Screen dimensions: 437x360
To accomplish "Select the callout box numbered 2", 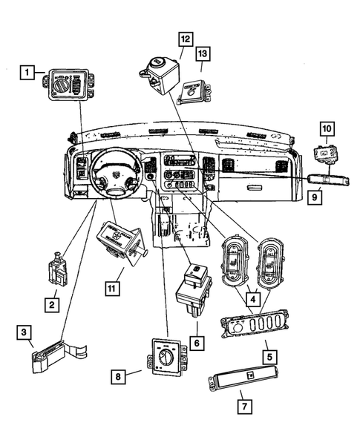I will pyautogui.click(x=51, y=304).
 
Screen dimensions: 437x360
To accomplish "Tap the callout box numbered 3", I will pyautogui.click(x=24, y=332).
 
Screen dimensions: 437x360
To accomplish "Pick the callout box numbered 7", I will pyautogui.click(x=243, y=406).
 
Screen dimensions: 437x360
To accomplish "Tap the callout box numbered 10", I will pyautogui.click(x=327, y=129).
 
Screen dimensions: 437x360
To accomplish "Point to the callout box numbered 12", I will pyautogui.click(x=184, y=39).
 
